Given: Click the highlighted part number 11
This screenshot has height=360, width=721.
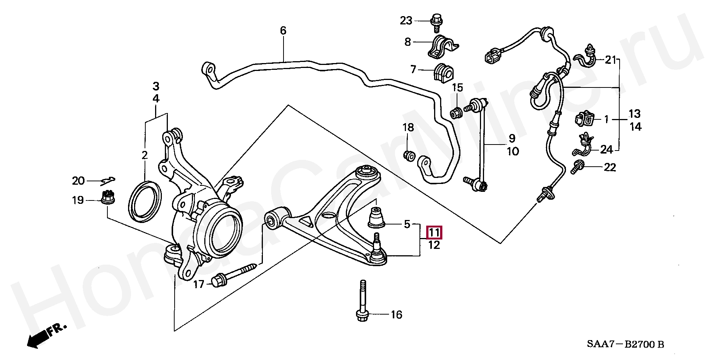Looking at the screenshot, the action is [434, 233].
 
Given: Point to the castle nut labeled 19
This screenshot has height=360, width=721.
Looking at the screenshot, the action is [108, 197].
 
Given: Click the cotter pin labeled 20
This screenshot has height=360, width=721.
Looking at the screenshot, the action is [108, 181].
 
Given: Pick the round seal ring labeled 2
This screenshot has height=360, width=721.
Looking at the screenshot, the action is [145, 201].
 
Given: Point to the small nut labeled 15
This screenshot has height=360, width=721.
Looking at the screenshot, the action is [456, 112].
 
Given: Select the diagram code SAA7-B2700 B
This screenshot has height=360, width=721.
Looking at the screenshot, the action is [626, 344].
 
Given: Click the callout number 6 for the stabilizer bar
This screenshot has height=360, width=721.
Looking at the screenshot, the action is [283, 30].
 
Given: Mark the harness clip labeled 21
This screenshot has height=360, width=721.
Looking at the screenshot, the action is [586, 58].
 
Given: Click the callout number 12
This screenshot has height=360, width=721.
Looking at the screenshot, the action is [434, 246].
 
